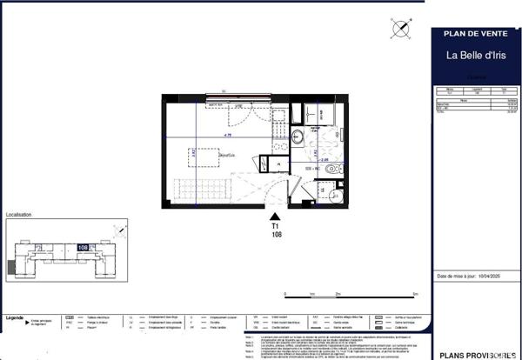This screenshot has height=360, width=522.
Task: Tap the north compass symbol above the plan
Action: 400,29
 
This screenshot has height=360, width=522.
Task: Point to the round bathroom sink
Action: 296,137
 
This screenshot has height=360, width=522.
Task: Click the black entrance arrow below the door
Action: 276,217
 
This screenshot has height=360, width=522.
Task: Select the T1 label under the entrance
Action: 276,227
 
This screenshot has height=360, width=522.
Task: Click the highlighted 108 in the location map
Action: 83,247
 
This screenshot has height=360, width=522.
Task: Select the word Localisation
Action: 19,214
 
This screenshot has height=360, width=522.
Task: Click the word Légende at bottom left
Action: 15,318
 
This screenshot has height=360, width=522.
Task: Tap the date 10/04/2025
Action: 492,277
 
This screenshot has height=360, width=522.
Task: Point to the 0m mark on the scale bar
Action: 286,295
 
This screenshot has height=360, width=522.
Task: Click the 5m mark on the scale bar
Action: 416,295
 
